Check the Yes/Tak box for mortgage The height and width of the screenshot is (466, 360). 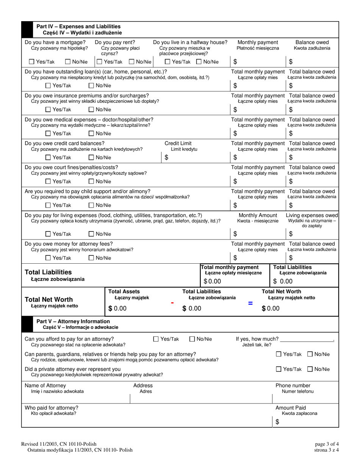pos(32,62)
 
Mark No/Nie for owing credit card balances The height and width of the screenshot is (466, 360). pos(91,158)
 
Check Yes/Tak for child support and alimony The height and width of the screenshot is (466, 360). pos(48,205)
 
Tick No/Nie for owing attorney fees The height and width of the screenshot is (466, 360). pos(91,258)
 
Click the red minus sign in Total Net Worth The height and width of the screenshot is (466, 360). pos(172,303)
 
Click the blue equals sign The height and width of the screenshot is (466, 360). pos(250,303)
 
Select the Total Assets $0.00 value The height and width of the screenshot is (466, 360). pos(118,309)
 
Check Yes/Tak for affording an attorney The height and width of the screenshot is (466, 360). pos(156,339)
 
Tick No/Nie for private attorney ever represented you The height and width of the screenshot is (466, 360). pos(310,369)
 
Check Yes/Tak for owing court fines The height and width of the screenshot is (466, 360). pos(48,181)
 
